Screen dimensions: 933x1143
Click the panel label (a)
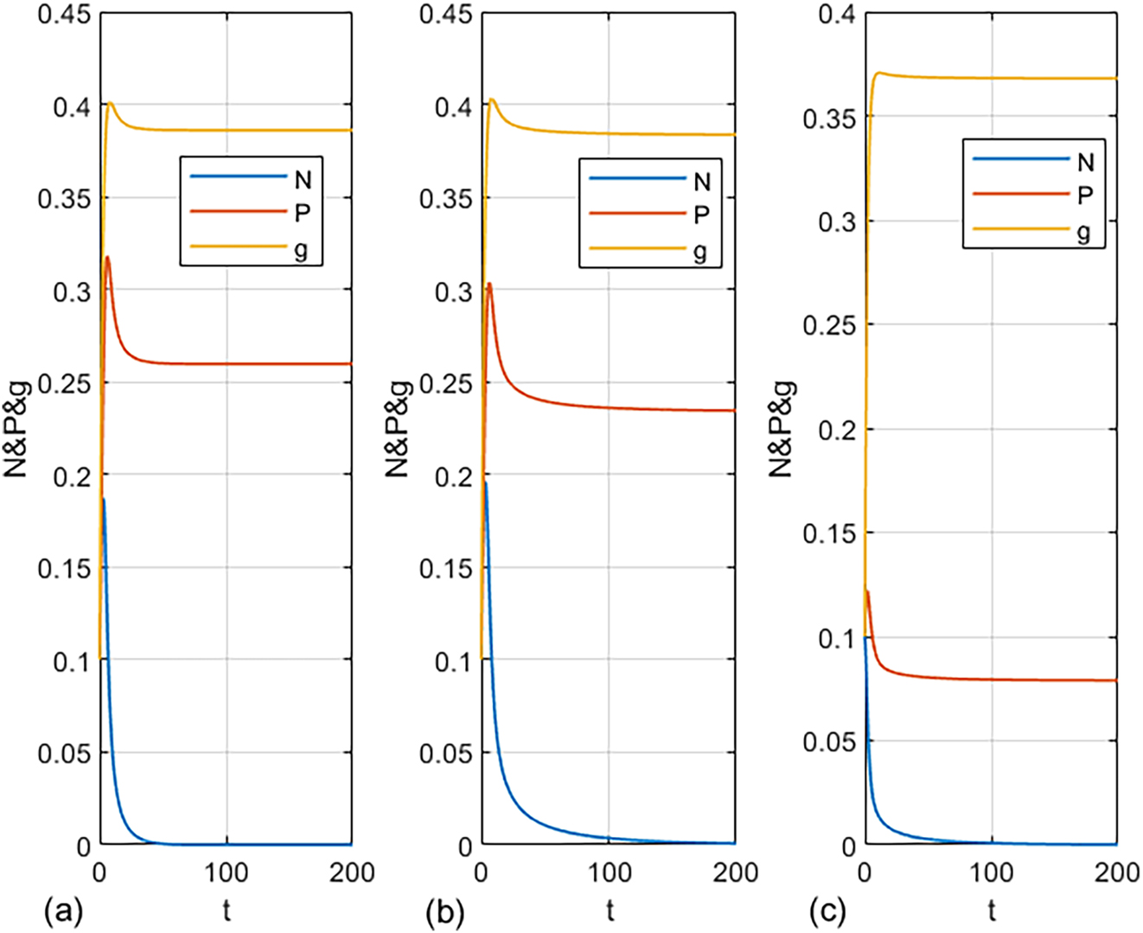[x=63, y=911]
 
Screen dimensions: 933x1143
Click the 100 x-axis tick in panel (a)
[x=227, y=872]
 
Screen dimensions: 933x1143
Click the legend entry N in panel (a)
[x=302, y=181]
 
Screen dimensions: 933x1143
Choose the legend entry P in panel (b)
[x=702, y=215]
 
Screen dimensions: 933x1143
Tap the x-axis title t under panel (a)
[x=227, y=911]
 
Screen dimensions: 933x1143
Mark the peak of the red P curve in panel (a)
[x=107, y=257]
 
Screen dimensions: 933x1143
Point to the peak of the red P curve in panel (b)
[x=489, y=284]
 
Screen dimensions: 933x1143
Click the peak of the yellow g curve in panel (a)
[x=110, y=103]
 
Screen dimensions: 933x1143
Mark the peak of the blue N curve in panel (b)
[x=485, y=482]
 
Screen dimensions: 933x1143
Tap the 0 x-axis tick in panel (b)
[x=482, y=872]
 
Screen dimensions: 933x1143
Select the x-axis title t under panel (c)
[x=992, y=911]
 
